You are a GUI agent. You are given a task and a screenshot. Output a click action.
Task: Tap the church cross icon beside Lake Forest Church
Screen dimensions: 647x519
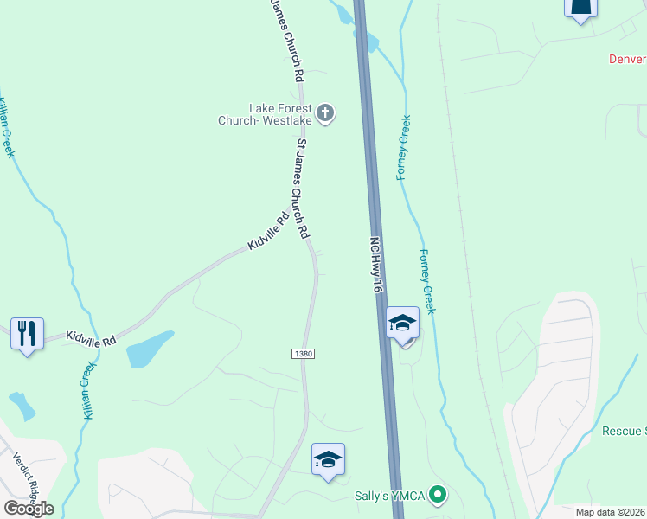pyautogui.click(x=325, y=113)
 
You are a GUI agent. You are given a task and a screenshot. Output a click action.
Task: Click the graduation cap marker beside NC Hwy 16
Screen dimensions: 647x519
pyautogui.click(x=402, y=324)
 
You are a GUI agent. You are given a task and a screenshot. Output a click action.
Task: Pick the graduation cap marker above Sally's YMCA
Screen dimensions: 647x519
pyautogui.click(x=328, y=459)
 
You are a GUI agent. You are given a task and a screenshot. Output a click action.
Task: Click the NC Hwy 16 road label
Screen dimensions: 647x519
pyautogui.click(x=376, y=265)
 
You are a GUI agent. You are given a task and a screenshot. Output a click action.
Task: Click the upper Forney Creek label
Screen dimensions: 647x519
pyautogui.click(x=403, y=148)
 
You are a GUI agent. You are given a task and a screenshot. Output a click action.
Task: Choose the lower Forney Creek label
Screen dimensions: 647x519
pyautogui.click(x=426, y=281)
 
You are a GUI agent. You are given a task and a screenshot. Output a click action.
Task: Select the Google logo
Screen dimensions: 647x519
pyautogui.click(x=29, y=508)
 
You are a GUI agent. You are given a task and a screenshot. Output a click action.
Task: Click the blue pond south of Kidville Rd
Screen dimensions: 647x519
pyautogui.click(x=149, y=349)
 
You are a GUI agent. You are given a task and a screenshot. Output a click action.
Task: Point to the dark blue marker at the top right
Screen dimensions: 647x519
pyautogui.click(x=580, y=8)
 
